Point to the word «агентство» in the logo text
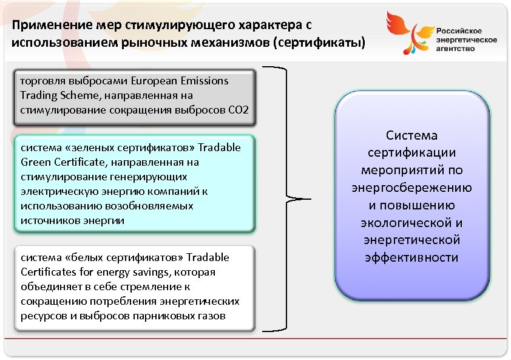click(456, 49)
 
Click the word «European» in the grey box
click(151, 81)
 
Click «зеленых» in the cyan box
click(80, 148)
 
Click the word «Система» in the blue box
click(411, 135)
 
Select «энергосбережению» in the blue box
click(411, 188)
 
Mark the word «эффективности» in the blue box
click(411, 257)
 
